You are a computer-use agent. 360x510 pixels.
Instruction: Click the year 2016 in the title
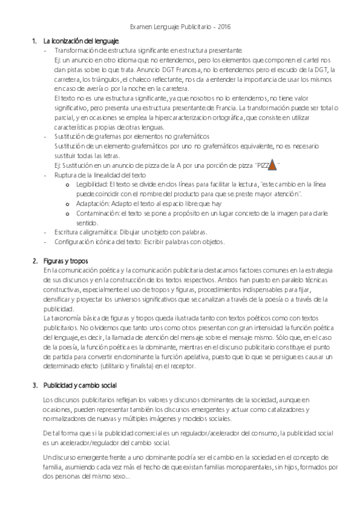pos(223,27)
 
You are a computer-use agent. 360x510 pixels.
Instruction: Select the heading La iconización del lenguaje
pos(76,40)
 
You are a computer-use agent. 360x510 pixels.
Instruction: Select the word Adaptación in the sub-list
pos(94,204)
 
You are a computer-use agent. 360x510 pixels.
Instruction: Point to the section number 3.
pos(34,385)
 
